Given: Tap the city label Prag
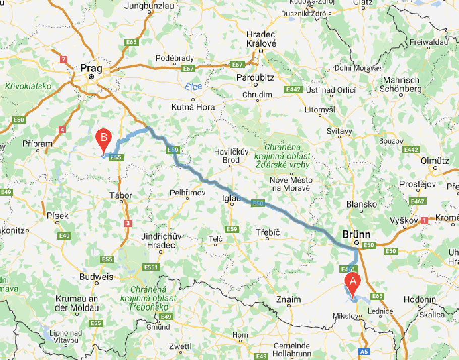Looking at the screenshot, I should tap(91, 68).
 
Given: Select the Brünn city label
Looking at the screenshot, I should tap(356, 235).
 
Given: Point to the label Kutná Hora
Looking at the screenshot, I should tap(193, 107).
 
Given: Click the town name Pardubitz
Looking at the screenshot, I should tap(255, 78).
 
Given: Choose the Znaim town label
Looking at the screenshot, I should tap(289, 300).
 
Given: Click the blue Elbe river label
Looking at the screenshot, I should tap(193, 86).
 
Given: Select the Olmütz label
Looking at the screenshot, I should tap(434, 161).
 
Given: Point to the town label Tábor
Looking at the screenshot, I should tap(121, 195).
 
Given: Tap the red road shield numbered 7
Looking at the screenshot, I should tap(63, 59).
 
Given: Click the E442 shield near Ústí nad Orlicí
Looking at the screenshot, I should tap(293, 89).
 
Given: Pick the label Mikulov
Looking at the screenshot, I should tap(347, 316).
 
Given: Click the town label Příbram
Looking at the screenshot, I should tap(38, 144).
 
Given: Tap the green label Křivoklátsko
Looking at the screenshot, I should tap(28, 86).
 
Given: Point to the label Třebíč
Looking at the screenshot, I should tap(268, 232).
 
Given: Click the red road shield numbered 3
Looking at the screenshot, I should tap(128, 223).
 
